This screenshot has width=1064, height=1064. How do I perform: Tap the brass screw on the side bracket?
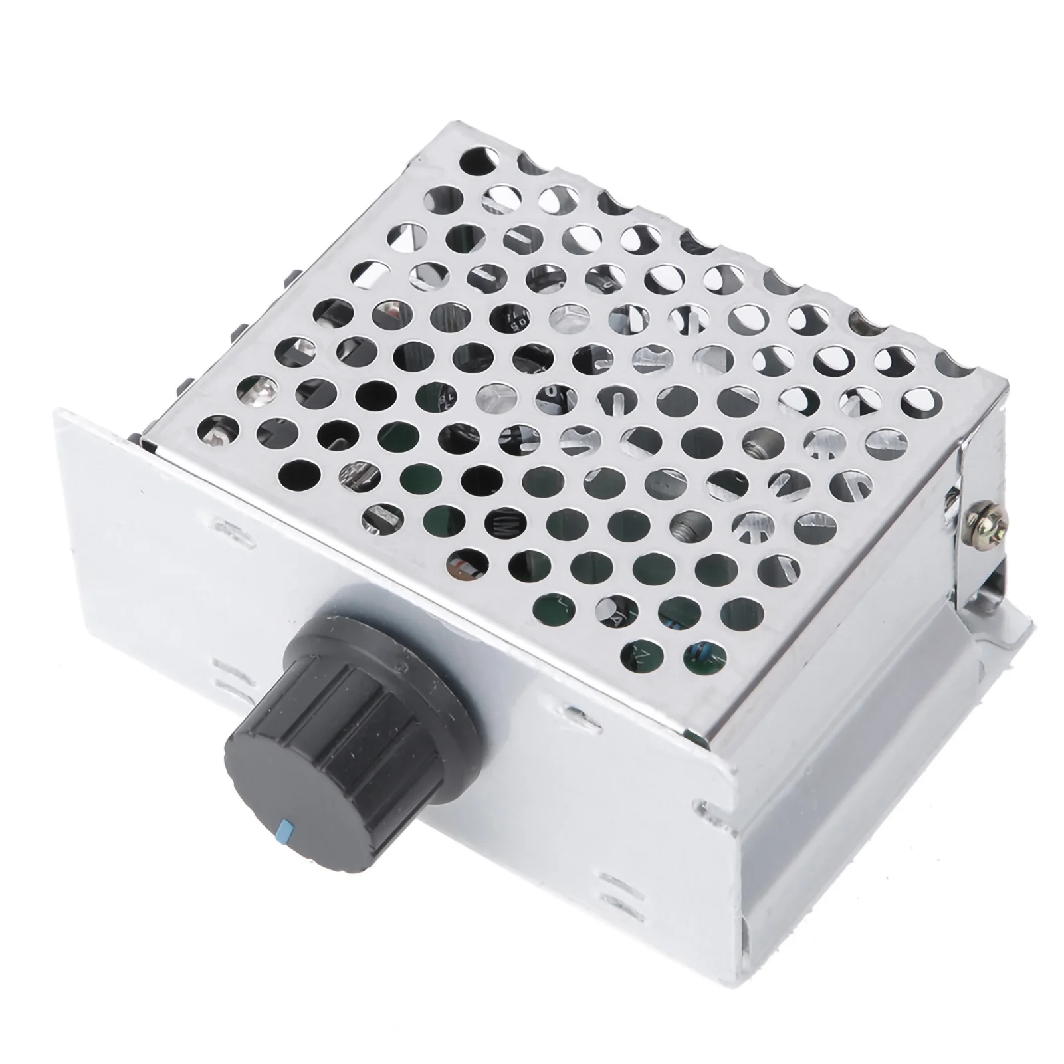pyautogui.click(x=974, y=511)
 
